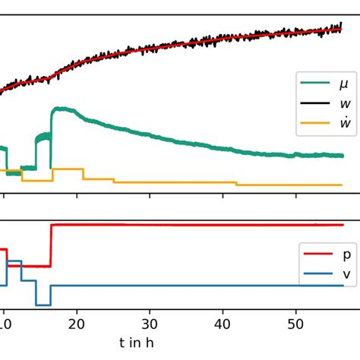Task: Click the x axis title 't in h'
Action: click(x=137, y=343)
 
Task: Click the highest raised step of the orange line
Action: click(x=68, y=169)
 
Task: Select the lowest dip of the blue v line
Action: click(x=43, y=305)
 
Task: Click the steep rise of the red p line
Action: click(x=51, y=245)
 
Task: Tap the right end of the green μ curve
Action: click(x=343, y=156)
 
